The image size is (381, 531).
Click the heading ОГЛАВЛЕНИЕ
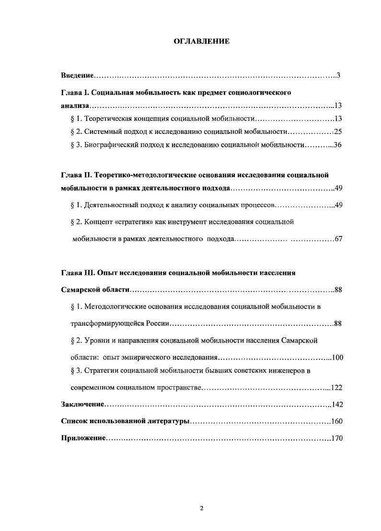[201, 42]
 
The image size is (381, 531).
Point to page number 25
[337, 131]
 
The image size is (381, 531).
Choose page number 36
[337, 145]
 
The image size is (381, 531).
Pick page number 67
[338, 239]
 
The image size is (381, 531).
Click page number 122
[336, 388]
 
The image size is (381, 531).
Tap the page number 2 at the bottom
[202, 508]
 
